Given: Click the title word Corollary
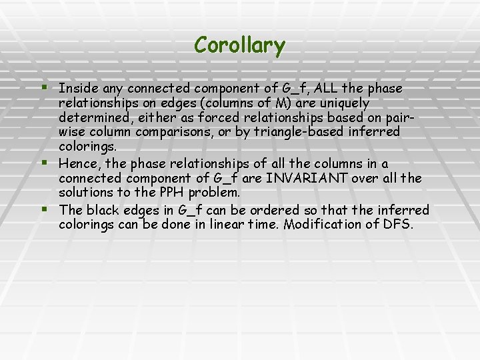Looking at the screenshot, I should point(240,45).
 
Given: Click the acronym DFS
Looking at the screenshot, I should point(398,225).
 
